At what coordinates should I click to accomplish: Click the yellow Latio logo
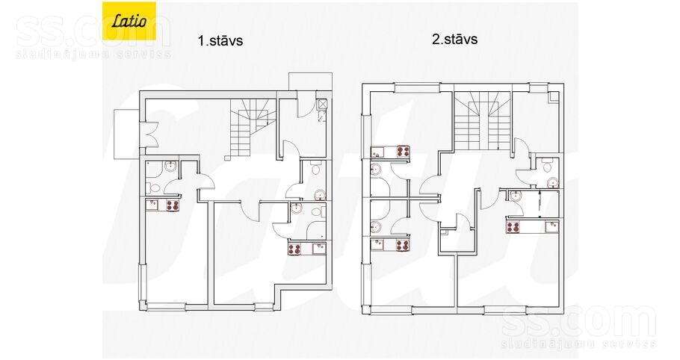click(129, 21)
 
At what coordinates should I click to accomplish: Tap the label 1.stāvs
click(220, 41)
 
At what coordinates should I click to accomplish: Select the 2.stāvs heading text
click(455, 40)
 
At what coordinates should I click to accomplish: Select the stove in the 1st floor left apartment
click(173, 205)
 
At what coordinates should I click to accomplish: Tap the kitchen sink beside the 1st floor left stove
click(152, 205)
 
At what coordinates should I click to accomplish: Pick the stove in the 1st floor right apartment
click(295, 249)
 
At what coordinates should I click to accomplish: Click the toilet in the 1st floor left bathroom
click(155, 187)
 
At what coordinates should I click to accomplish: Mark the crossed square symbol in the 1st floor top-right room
click(322, 104)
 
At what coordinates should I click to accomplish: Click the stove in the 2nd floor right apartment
click(513, 227)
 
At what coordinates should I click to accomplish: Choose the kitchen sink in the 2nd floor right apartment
click(551, 227)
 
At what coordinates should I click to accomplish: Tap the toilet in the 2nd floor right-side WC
click(547, 165)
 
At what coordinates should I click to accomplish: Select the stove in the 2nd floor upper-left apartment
click(404, 152)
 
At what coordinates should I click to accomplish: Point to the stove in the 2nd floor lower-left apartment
click(403, 245)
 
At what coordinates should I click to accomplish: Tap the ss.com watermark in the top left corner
click(93, 37)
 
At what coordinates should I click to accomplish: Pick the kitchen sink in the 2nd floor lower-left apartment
click(377, 245)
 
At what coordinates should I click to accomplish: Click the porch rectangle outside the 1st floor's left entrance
click(126, 134)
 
